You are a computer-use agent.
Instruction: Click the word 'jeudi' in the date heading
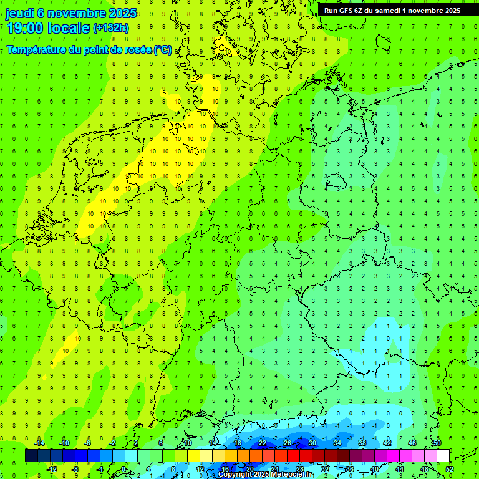pos(20,12)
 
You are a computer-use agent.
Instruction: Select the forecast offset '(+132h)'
pos(110,27)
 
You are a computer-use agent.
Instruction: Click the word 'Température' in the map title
pos(36,49)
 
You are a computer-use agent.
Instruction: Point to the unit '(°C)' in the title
pos(162,49)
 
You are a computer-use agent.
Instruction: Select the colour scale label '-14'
pos(39,443)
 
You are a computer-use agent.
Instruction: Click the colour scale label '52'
pos(450,468)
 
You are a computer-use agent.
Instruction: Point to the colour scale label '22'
pos(263,443)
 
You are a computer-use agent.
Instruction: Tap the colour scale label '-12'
pos(52,468)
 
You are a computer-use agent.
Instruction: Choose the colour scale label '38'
pos(362,443)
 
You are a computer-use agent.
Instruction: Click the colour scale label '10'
pos(188,443)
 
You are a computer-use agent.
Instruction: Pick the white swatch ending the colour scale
pos(443,456)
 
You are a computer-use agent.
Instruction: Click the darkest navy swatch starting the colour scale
pos(31,456)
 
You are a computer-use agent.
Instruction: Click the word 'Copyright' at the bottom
pos(236,474)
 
